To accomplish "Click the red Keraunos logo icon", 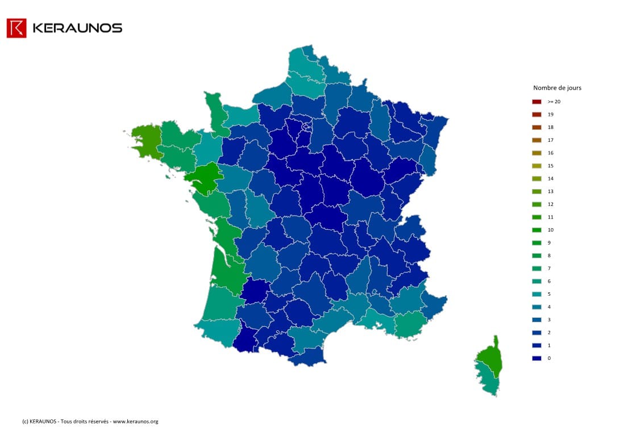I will point(16,28).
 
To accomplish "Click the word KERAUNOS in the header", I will point(77,28).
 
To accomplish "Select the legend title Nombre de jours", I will point(557,88).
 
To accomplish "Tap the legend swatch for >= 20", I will point(536,102).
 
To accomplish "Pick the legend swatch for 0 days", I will point(536,358).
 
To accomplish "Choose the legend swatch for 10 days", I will point(536,230).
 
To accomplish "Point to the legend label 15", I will point(550,166).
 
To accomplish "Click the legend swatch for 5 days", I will point(536,294).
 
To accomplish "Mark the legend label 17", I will point(550,140).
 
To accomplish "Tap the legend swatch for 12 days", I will point(536,204).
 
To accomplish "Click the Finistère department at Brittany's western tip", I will point(144,139).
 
